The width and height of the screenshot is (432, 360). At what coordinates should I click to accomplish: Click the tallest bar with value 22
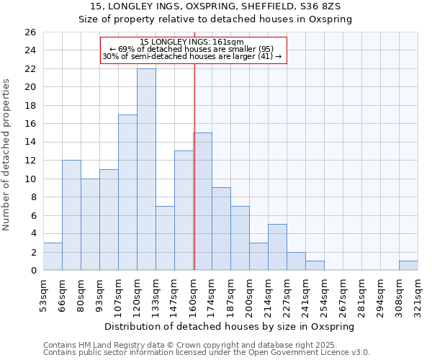[146, 169]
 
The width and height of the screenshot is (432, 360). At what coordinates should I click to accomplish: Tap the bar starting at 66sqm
[71, 215]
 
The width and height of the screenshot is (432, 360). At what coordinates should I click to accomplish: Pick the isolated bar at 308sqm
[408, 265]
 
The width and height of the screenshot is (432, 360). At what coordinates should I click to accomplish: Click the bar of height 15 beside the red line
[203, 202]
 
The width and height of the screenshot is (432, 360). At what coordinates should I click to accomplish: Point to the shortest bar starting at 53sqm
[53, 256]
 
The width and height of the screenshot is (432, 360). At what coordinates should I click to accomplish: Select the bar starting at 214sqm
[277, 247]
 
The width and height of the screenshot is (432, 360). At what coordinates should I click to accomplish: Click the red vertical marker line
[194, 166]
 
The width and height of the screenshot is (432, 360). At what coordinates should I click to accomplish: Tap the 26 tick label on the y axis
[30, 32]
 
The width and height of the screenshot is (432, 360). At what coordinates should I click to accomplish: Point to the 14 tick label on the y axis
[30, 143]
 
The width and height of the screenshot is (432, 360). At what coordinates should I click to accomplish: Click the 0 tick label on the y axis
[32, 271]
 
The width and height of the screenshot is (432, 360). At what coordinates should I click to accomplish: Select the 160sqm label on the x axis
[194, 294]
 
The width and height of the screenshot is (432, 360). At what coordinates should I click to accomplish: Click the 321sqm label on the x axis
[418, 294]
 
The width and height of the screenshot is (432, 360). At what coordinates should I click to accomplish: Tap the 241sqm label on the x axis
[306, 294]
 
